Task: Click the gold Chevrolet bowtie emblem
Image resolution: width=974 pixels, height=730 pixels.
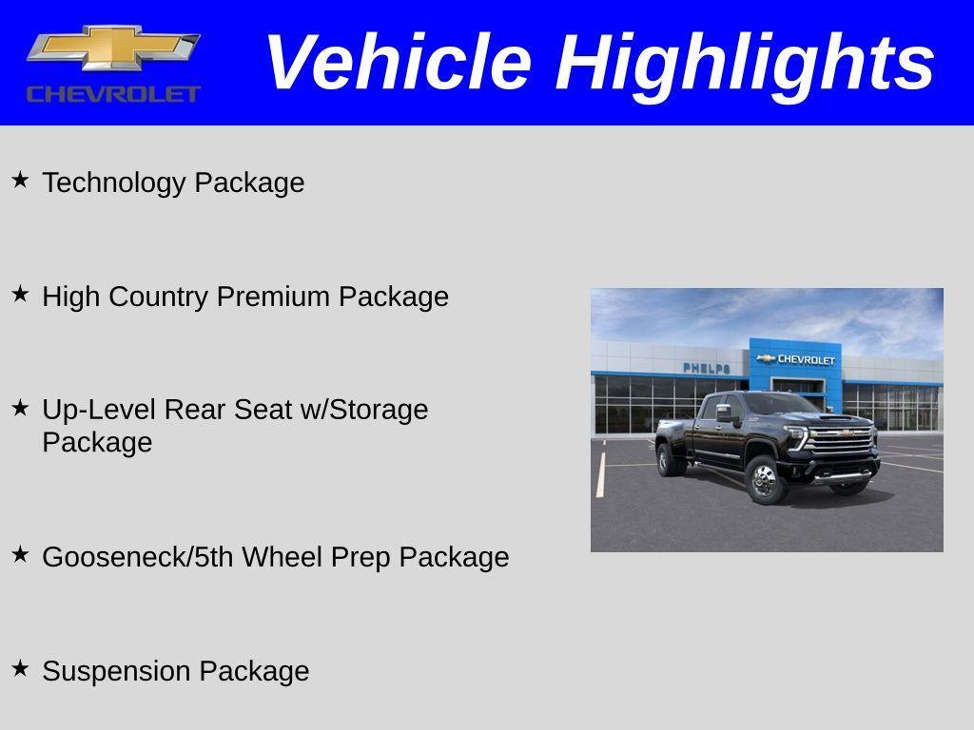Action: click(113, 48)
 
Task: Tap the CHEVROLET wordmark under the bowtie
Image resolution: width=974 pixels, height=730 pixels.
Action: click(113, 93)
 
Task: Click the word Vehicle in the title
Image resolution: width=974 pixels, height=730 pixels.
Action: click(398, 63)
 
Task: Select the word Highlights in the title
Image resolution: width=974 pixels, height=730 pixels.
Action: click(745, 63)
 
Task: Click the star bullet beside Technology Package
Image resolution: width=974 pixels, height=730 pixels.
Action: click(20, 179)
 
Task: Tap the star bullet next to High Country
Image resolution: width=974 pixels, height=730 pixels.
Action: click(20, 293)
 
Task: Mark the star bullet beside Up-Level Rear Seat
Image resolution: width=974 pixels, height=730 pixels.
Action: click(20, 407)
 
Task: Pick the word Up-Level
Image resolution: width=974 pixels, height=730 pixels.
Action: click(100, 410)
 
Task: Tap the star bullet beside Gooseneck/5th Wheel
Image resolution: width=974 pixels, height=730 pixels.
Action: click(20, 553)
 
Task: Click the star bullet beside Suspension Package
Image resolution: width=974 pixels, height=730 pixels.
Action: click(20, 667)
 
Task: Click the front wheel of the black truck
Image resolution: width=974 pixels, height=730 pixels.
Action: click(765, 479)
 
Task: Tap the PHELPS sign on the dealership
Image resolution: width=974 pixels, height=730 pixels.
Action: click(706, 368)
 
